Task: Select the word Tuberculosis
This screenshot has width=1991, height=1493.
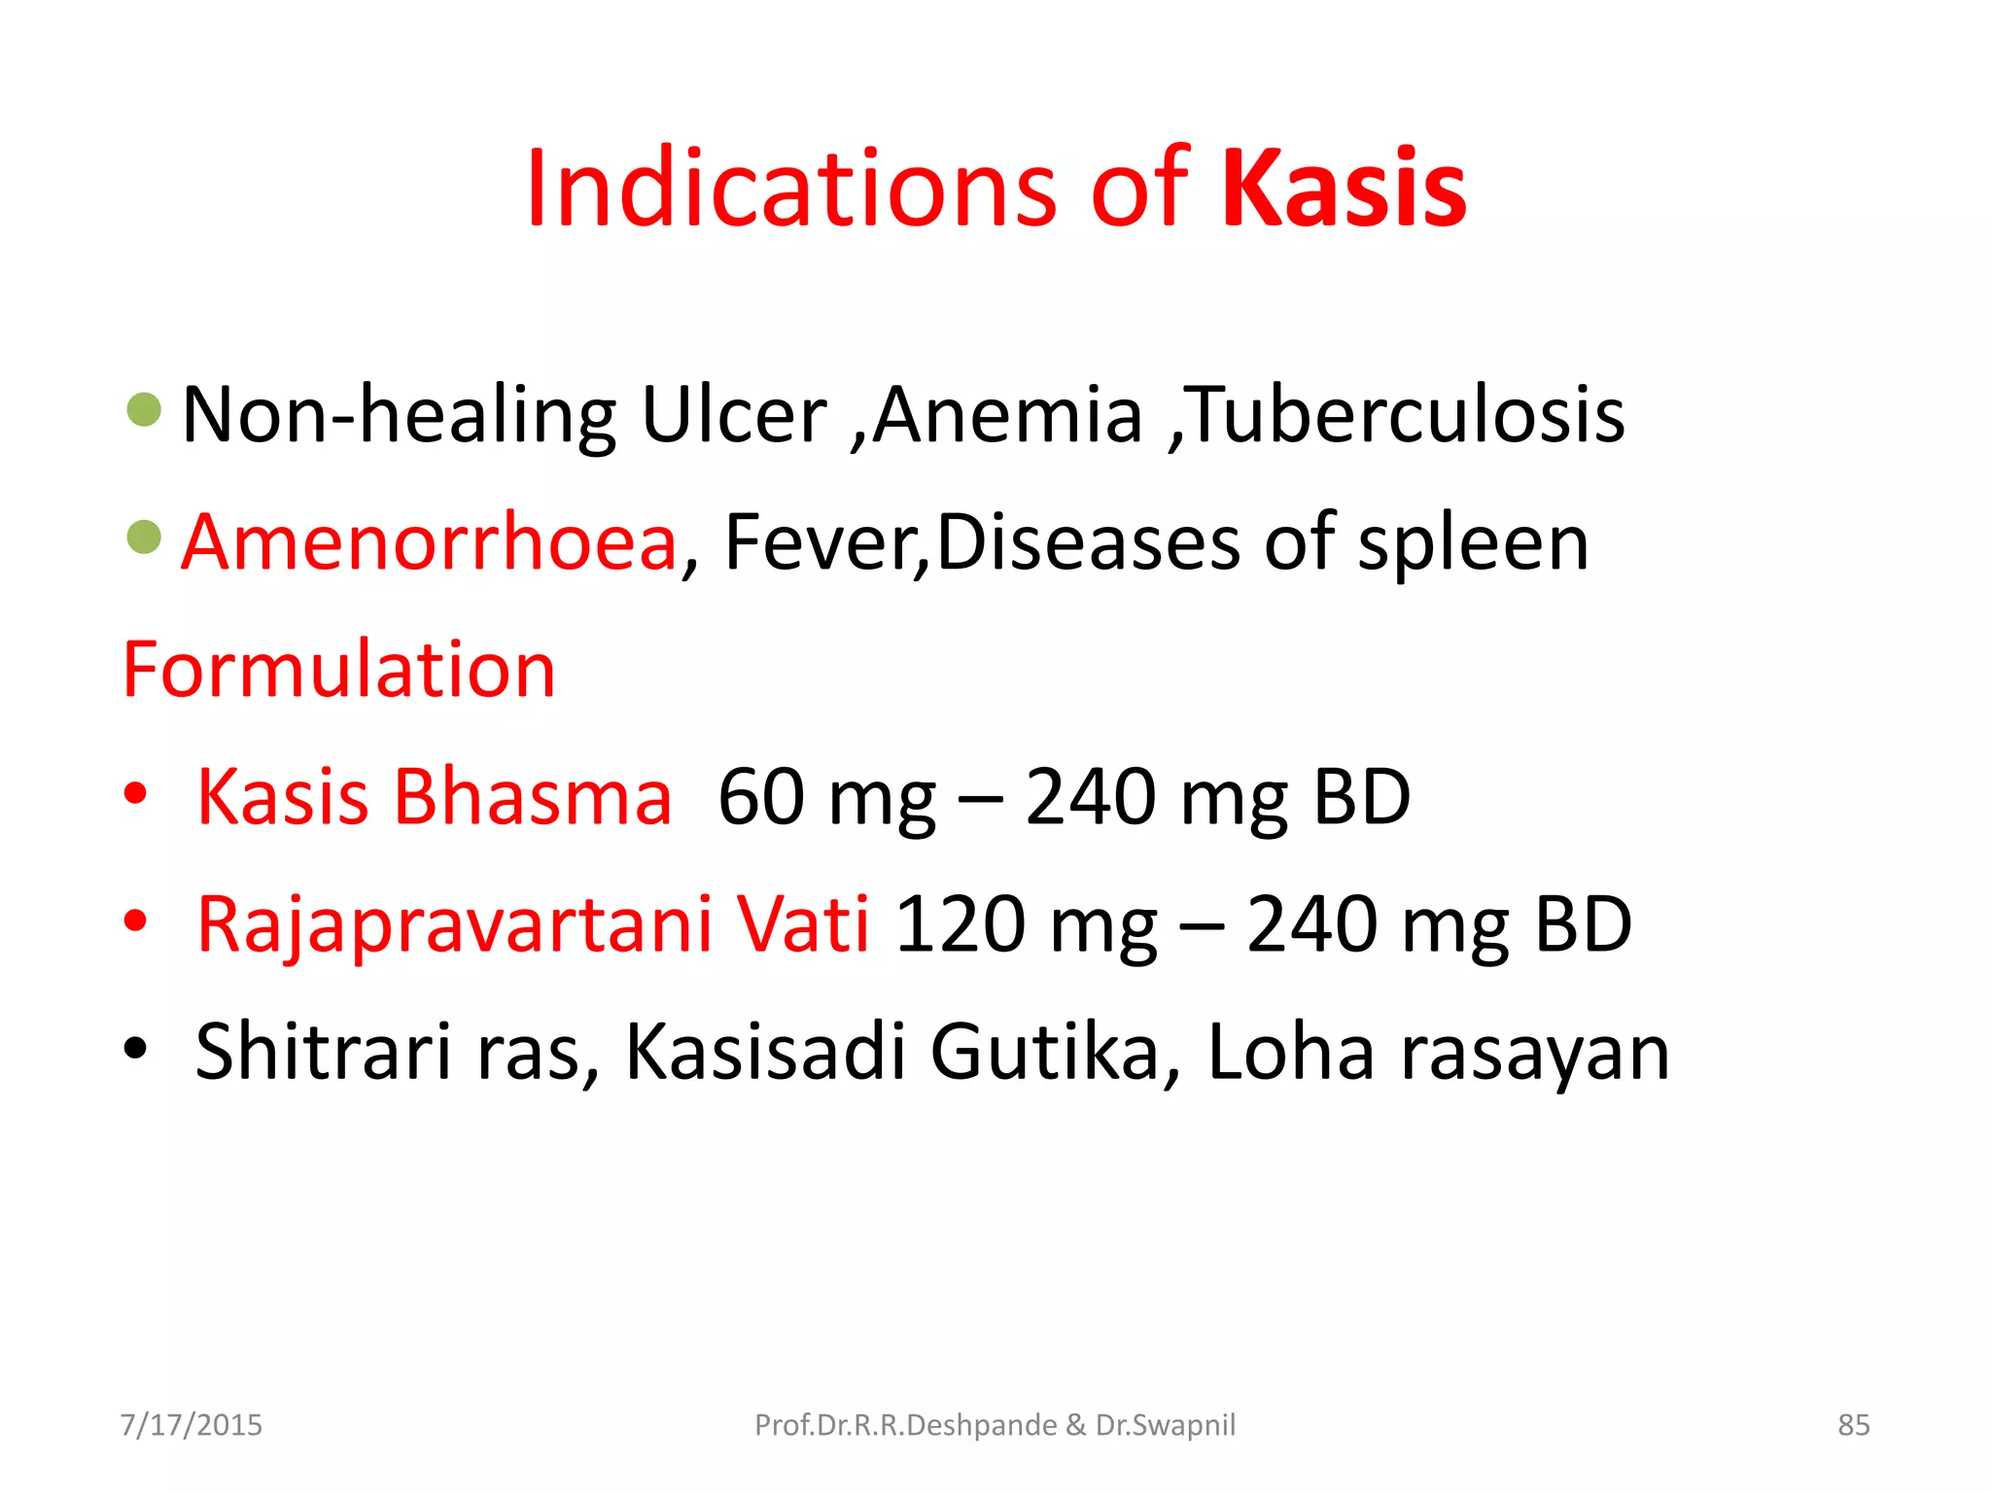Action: [x=1407, y=415]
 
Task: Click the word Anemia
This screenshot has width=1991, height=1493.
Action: [x=1007, y=415]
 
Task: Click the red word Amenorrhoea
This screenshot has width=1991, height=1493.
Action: [x=429, y=542]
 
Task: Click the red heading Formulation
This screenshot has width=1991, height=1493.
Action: [x=339, y=670]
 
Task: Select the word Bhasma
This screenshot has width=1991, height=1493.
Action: [x=532, y=797]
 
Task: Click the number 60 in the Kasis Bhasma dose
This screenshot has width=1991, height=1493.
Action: [x=761, y=797]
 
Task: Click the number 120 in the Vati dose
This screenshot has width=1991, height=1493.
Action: [x=960, y=924]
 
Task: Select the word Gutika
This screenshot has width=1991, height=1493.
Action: [x=1055, y=1052]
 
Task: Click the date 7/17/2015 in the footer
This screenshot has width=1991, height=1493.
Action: [x=192, y=1425]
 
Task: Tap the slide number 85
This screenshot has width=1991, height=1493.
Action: [x=1853, y=1425]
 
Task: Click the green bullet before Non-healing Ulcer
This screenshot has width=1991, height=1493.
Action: [x=144, y=409]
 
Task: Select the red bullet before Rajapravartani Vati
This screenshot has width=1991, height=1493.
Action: [x=135, y=920]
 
